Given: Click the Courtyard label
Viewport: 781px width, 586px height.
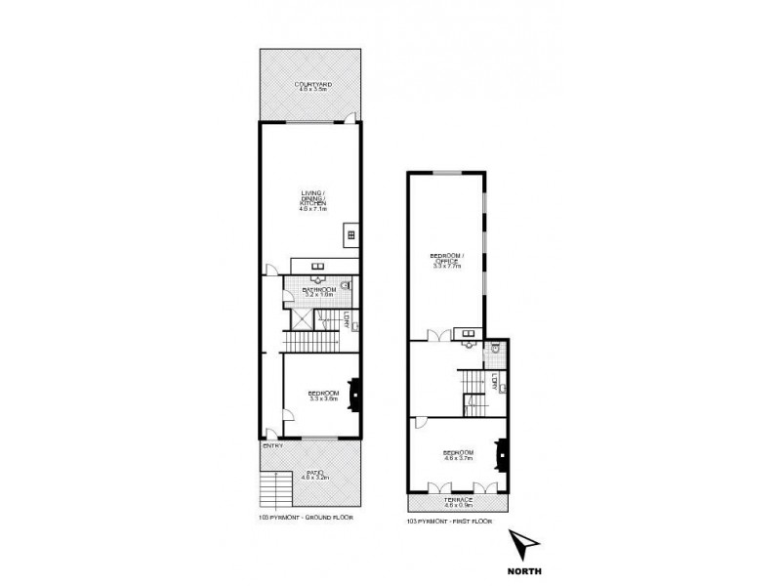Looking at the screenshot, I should pyautogui.click(x=313, y=87).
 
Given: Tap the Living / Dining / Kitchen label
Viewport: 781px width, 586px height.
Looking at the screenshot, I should pyautogui.click(x=313, y=203).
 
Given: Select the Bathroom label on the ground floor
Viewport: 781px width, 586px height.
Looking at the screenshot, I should pyautogui.click(x=319, y=291).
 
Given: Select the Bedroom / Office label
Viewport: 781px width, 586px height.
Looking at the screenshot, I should pyautogui.click(x=448, y=261).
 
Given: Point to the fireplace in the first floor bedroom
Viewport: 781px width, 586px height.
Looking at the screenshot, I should pyautogui.click(x=503, y=454).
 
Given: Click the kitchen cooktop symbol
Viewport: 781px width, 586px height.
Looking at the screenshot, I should pyautogui.click(x=349, y=234).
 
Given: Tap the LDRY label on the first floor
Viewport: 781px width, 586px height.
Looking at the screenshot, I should pyautogui.click(x=496, y=382).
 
